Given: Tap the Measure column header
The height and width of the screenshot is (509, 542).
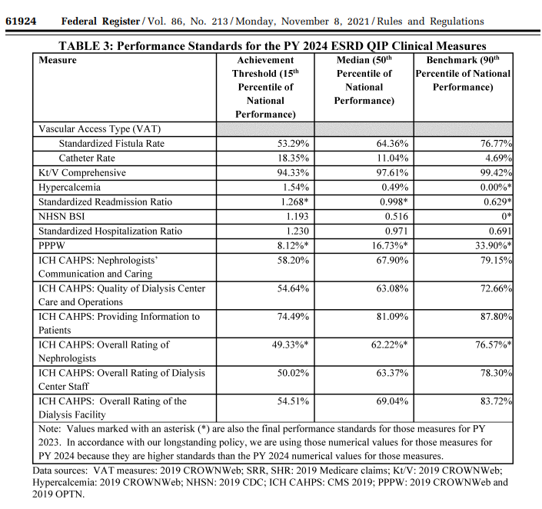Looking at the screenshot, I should [x=58, y=60].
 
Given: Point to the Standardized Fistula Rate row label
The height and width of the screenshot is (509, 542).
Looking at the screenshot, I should [x=111, y=144].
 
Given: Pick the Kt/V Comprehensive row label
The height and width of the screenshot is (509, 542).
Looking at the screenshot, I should [x=82, y=173].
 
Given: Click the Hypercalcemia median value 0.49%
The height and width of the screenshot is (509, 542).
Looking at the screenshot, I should [x=394, y=188].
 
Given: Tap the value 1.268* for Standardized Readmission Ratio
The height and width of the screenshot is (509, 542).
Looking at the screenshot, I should [x=294, y=202].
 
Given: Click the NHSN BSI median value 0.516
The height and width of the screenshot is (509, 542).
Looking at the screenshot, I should [x=394, y=217].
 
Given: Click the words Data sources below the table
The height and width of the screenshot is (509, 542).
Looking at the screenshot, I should [x=62, y=470].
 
